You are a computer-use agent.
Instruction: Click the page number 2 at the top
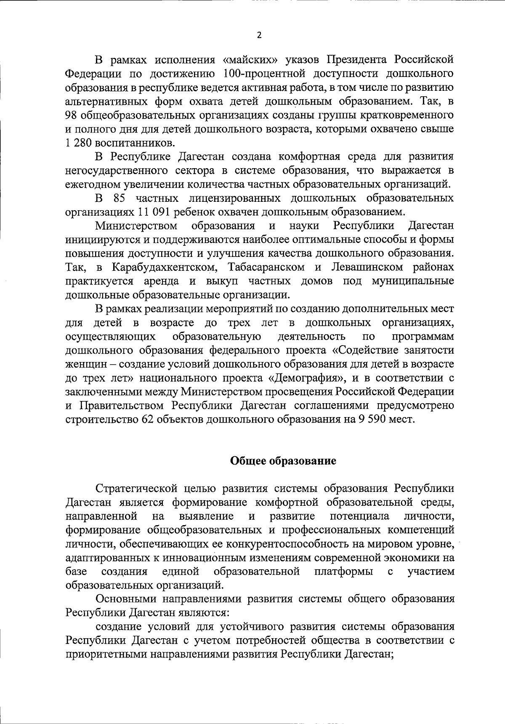(259, 35)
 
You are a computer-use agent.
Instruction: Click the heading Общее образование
(283, 461)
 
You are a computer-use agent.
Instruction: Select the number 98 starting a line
(71, 115)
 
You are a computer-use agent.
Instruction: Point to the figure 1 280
(76, 143)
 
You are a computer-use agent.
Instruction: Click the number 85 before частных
(120, 198)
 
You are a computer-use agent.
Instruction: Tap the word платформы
(343, 572)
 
